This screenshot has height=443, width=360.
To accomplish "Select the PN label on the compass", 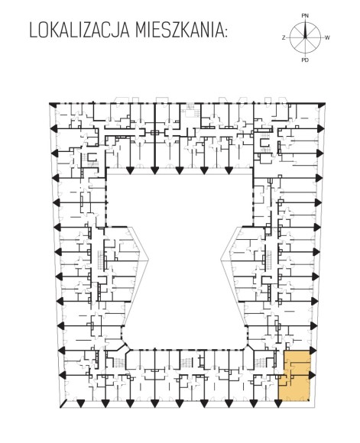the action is [x=305, y=16].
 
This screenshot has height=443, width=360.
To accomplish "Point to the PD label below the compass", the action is [x=305, y=60].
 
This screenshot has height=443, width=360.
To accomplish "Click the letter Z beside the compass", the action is [x=284, y=37].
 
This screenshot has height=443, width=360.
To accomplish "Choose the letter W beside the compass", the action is [x=327, y=37].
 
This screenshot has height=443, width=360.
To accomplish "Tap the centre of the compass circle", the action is [x=305, y=37].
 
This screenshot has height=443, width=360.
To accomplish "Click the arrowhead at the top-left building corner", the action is [x=52, y=104].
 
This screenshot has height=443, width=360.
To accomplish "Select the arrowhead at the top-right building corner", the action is [x=322, y=105].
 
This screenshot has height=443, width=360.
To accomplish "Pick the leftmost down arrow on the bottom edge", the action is [x=81, y=404].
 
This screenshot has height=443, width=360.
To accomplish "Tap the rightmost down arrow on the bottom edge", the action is [x=278, y=404].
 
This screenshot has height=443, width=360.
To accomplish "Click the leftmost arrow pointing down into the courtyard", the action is [x=130, y=171].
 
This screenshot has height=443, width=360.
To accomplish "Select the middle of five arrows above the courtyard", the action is [x=179, y=171].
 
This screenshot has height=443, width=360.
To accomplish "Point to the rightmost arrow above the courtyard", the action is [x=229, y=171].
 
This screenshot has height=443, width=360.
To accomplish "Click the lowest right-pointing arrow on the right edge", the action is [x=312, y=375].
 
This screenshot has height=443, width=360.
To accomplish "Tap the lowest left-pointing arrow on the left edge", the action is [x=63, y=375].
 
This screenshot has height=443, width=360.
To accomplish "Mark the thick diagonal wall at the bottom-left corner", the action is [x=63, y=404].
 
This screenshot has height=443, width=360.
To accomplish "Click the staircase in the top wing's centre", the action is [x=190, y=110].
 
